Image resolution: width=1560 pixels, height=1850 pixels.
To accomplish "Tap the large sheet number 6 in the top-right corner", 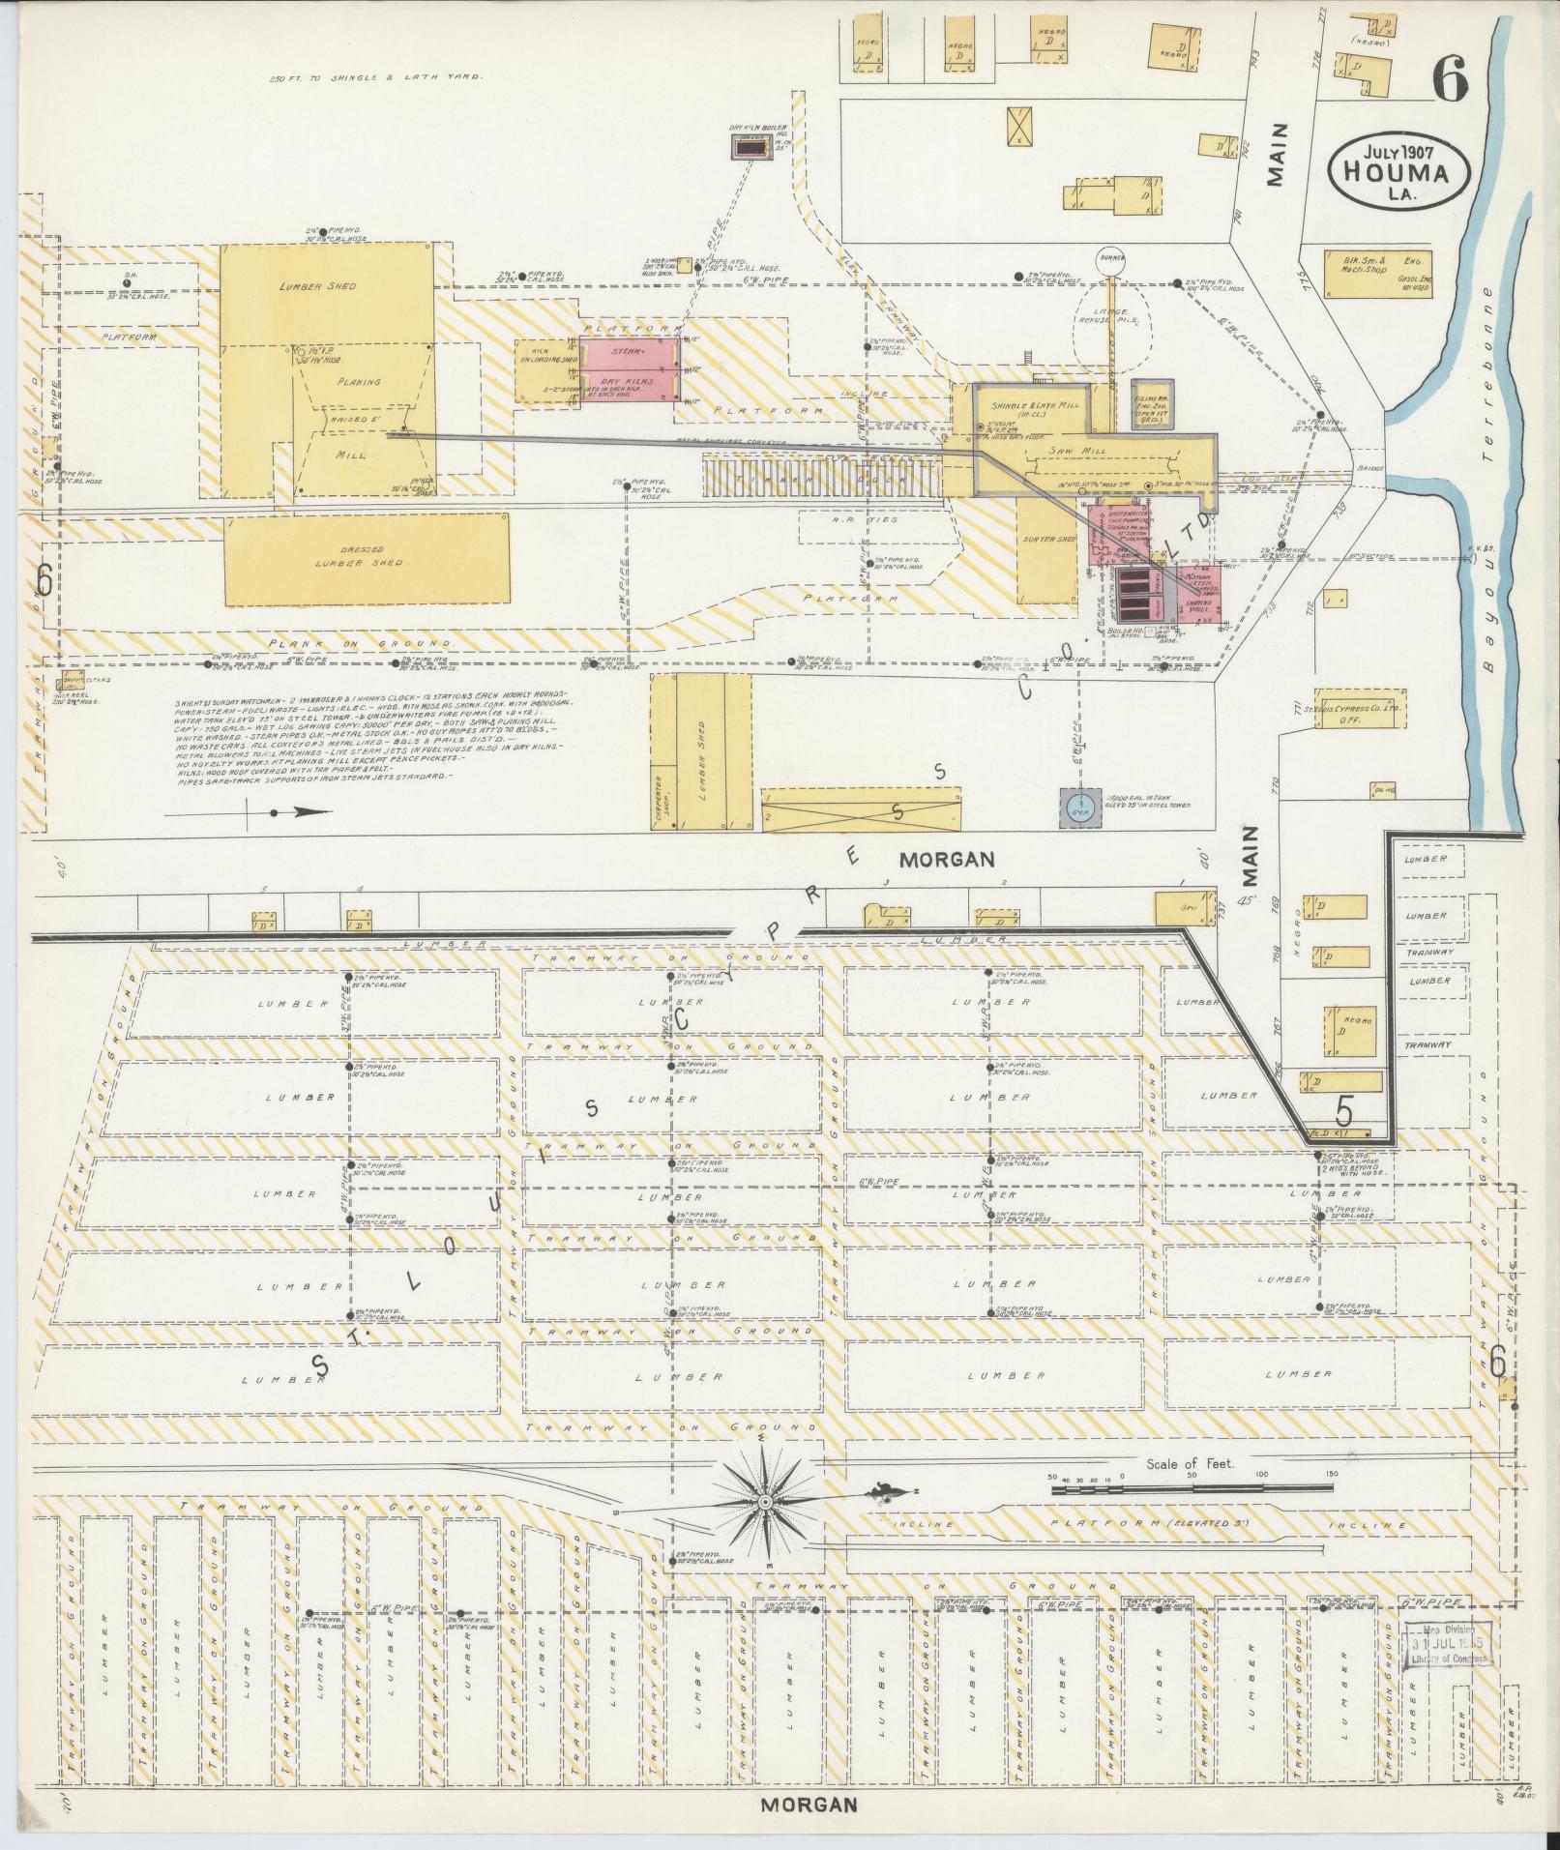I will pos(1451,78).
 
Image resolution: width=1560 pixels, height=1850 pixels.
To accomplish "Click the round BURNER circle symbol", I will pos(1110,260).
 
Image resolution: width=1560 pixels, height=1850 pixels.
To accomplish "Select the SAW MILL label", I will pos(1061,451).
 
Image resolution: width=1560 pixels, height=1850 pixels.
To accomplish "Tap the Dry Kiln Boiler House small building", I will pos(749,148).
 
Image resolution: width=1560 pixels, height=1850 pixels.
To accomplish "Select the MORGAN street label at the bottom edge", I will pos(809,1804).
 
